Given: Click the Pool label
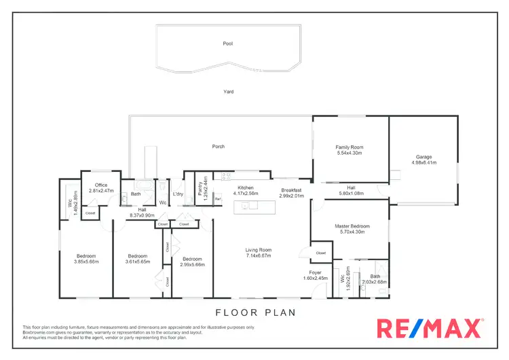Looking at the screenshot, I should click(227, 43).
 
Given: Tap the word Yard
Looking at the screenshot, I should click(229, 91).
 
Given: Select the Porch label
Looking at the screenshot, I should click(218, 146).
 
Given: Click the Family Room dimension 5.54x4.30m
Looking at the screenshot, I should click(350, 153).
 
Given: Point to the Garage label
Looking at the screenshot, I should click(423, 157).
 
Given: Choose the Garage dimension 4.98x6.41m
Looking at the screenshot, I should click(423, 163).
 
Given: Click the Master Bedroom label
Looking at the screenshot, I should click(352, 226).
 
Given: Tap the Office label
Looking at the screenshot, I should click(101, 185).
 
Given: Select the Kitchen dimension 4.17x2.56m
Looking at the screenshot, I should click(245, 194).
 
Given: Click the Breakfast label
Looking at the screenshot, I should click(292, 190).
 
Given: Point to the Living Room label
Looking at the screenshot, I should click(258, 250).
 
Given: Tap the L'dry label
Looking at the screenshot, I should click(178, 194).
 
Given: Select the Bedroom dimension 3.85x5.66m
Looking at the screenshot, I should click(86, 262).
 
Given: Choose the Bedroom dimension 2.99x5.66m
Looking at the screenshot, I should click(192, 265).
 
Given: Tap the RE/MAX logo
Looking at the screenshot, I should click(430, 329).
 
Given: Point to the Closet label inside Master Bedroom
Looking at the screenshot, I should click(320, 253).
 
